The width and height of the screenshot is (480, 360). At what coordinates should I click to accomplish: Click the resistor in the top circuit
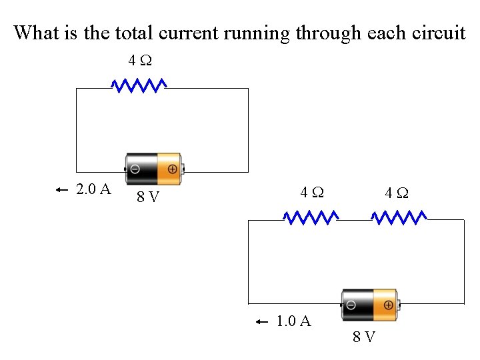pyautogui.click(x=139, y=85)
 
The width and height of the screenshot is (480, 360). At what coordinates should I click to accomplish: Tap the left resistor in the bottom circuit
pyautogui.click(x=311, y=217)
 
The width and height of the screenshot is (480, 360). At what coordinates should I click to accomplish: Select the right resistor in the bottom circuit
pyautogui.click(x=399, y=217)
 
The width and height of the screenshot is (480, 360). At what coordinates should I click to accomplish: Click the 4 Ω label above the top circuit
pyautogui.click(x=140, y=61)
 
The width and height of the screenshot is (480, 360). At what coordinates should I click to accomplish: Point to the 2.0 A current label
pyautogui.click(x=93, y=189)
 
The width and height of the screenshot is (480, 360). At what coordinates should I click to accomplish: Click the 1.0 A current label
pyautogui.click(x=293, y=321)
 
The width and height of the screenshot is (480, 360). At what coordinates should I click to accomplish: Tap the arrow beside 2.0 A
pyautogui.click(x=62, y=190)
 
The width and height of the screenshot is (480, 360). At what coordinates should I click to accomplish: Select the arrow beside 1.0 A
pyautogui.click(x=262, y=322)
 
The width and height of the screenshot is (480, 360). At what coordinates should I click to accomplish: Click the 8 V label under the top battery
pyautogui.click(x=147, y=197)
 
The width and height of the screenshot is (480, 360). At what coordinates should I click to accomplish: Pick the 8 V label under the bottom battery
pyautogui.click(x=363, y=337)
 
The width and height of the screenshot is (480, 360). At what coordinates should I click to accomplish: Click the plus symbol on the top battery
pyautogui.click(x=172, y=169)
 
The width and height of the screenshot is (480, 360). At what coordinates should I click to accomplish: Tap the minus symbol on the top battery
pyautogui.click(x=135, y=169)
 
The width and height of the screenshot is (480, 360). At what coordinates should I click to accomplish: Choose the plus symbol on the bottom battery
pyautogui.click(x=388, y=305)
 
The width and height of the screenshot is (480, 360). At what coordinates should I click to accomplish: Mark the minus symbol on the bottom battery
pyautogui.click(x=351, y=305)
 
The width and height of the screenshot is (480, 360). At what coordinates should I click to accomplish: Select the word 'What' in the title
pyautogui.click(x=37, y=33)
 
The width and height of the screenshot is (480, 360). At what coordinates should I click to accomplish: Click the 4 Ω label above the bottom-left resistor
pyautogui.click(x=312, y=193)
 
